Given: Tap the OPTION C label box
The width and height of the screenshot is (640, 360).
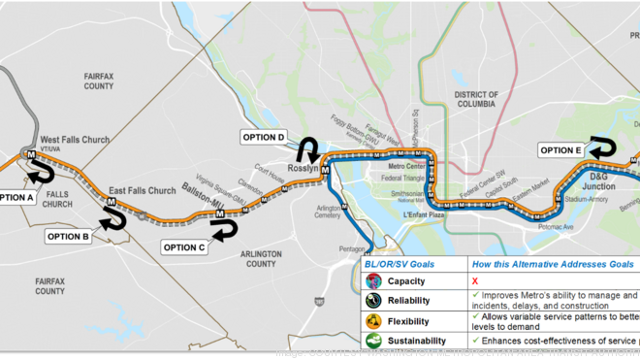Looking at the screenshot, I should (x=183, y=247).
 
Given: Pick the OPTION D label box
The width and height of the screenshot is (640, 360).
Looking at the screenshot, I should (x=262, y=138).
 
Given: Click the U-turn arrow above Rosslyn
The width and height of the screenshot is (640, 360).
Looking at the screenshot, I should (x=308, y=149).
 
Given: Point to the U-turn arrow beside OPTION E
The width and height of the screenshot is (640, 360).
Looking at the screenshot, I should (x=603, y=148).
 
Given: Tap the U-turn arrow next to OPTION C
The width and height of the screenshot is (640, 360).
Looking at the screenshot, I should (x=224, y=230).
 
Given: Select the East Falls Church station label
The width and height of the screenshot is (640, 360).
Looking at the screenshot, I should (x=143, y=190).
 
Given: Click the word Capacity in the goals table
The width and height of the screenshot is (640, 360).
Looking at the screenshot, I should (x=406, y=280).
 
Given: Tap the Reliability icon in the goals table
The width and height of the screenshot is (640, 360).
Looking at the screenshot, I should (x=373, y=301).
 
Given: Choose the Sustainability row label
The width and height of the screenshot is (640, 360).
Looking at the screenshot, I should (x=417, y=341).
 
